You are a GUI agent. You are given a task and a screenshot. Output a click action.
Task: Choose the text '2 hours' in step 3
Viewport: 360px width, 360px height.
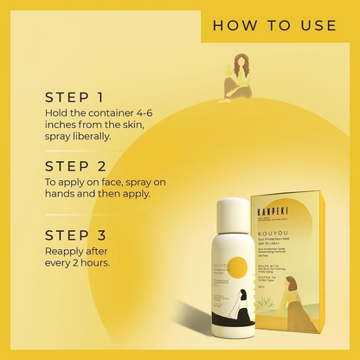coord(88,263)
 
